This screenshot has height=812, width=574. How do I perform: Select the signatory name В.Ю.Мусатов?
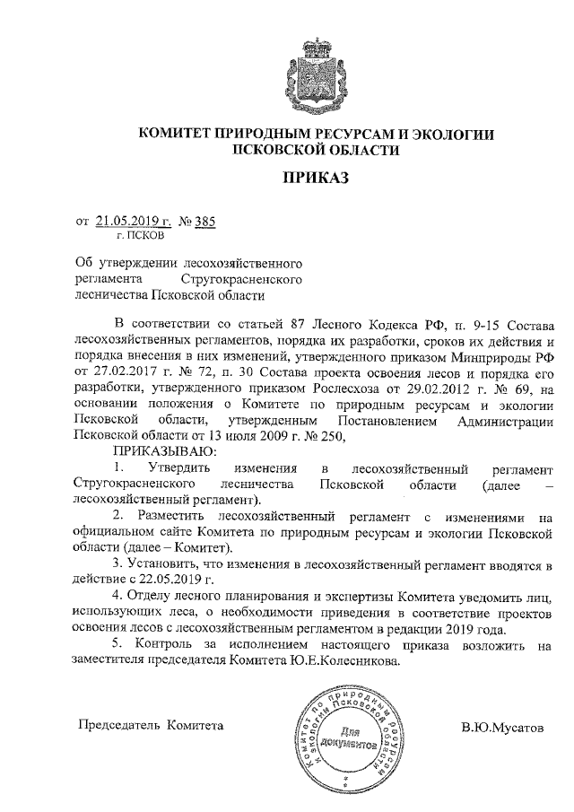[502, 726]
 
